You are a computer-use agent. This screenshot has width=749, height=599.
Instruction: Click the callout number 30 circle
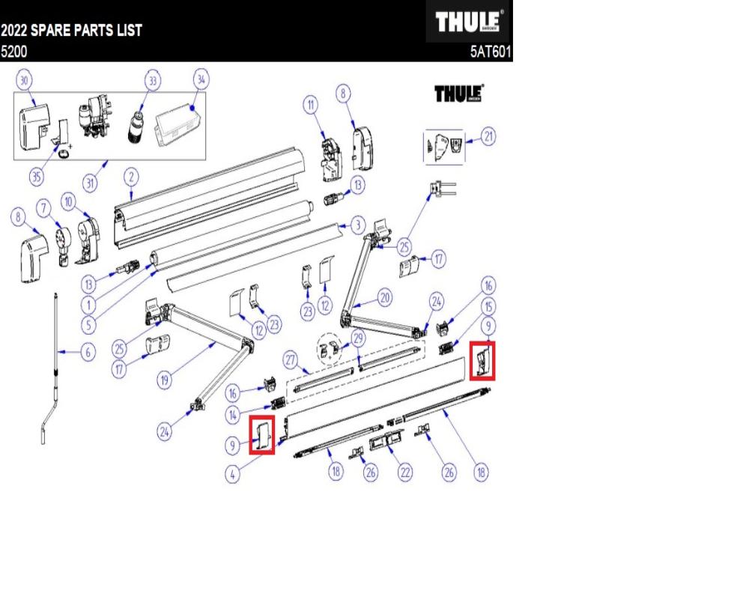point(25,80)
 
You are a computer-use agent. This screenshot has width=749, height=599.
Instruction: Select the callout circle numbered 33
point(154,80)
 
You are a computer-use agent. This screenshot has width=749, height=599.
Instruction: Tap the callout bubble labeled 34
point(200,79)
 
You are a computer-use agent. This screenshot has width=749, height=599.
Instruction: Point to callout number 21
point(488,138)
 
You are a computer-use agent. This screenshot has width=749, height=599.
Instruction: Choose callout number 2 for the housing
point(130,177)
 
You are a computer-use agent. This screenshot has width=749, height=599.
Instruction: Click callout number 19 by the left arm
point(165,380)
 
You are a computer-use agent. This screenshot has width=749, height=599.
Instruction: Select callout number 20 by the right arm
point(384,298)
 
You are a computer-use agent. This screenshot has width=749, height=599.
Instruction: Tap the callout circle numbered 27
point(290,360)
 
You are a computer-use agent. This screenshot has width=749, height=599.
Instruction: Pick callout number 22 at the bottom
point(405,472)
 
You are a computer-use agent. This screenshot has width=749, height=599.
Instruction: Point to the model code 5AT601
point(489,53)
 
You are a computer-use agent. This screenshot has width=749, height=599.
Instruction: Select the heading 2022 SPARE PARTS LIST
point(71,32)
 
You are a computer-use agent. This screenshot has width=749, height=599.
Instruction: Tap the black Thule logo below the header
point(458,94)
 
